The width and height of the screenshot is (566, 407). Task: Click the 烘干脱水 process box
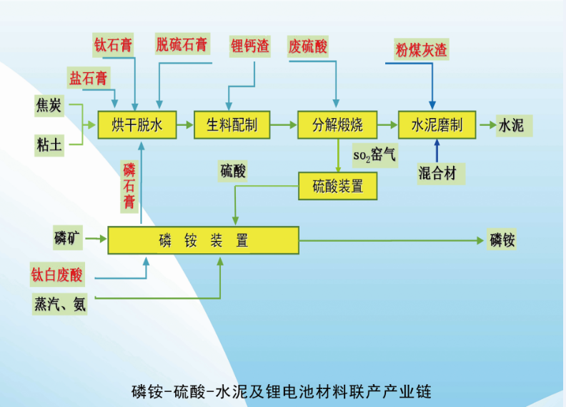coord(137,126)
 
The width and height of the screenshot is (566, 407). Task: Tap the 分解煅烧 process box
coord(337,126)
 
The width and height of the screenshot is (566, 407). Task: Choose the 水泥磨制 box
coord(436,126)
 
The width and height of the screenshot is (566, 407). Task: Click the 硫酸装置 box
coord(337,187)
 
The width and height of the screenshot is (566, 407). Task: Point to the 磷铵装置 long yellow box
coord(203,240)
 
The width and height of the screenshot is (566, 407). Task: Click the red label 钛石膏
coord(114,45)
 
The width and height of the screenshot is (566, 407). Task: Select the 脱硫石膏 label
coord(183,45)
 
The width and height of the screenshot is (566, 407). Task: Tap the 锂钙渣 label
coord(249,46)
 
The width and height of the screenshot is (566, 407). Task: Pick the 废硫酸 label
coord(308,46)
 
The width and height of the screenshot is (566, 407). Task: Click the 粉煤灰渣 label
coord(421,50)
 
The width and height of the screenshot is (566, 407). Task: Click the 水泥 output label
coord(511,126)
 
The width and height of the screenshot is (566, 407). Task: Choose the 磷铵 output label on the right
coord(502,240)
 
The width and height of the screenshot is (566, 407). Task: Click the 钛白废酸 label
coord(57,274)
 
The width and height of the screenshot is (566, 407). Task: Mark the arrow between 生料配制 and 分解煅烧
coord(284,126)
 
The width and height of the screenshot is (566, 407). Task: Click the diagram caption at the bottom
coord(282,391)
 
